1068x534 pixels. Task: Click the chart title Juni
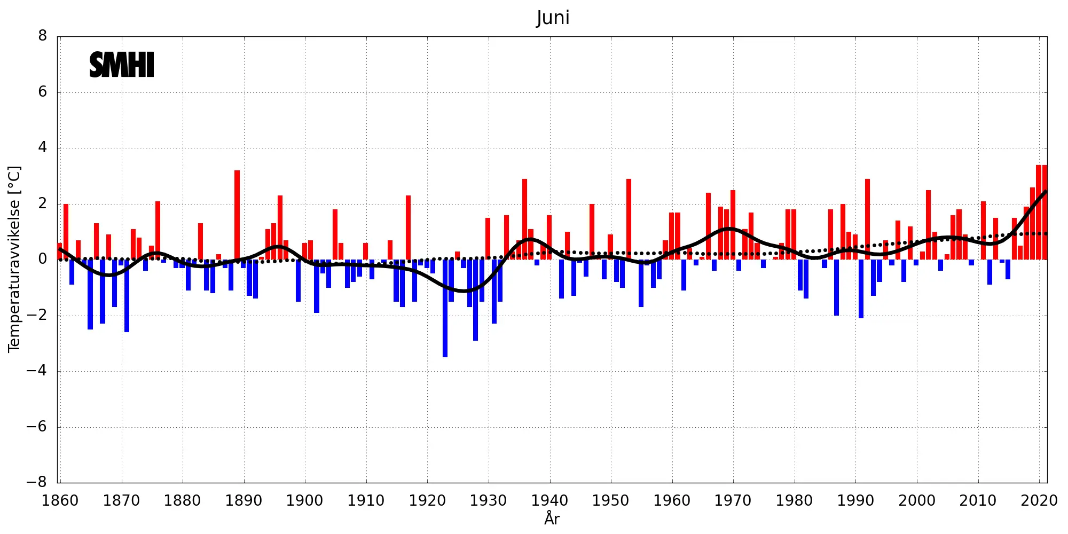[553, 18]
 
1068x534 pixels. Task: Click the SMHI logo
[122, 65]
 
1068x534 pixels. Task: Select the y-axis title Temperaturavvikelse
[14, 259]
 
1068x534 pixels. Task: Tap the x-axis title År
[552, 518]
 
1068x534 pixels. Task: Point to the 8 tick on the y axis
[43, 36]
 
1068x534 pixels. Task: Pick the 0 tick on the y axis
[43, 260]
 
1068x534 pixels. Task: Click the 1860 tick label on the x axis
[60, 501]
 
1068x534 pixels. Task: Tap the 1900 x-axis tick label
[304, 501]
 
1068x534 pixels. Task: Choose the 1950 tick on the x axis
[610, 501]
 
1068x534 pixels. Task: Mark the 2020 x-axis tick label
[1039, 501]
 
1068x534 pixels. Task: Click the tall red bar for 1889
[237, 215]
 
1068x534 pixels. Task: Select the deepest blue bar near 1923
[445, 308]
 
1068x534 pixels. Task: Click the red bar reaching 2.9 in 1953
[629, 219]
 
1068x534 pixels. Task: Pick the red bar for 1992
[867, 219]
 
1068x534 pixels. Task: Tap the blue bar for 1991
[861, 289]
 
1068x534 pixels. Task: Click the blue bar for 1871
[127, 296]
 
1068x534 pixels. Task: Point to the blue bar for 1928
[475, 300]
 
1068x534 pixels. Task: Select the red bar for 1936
[524, 219]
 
